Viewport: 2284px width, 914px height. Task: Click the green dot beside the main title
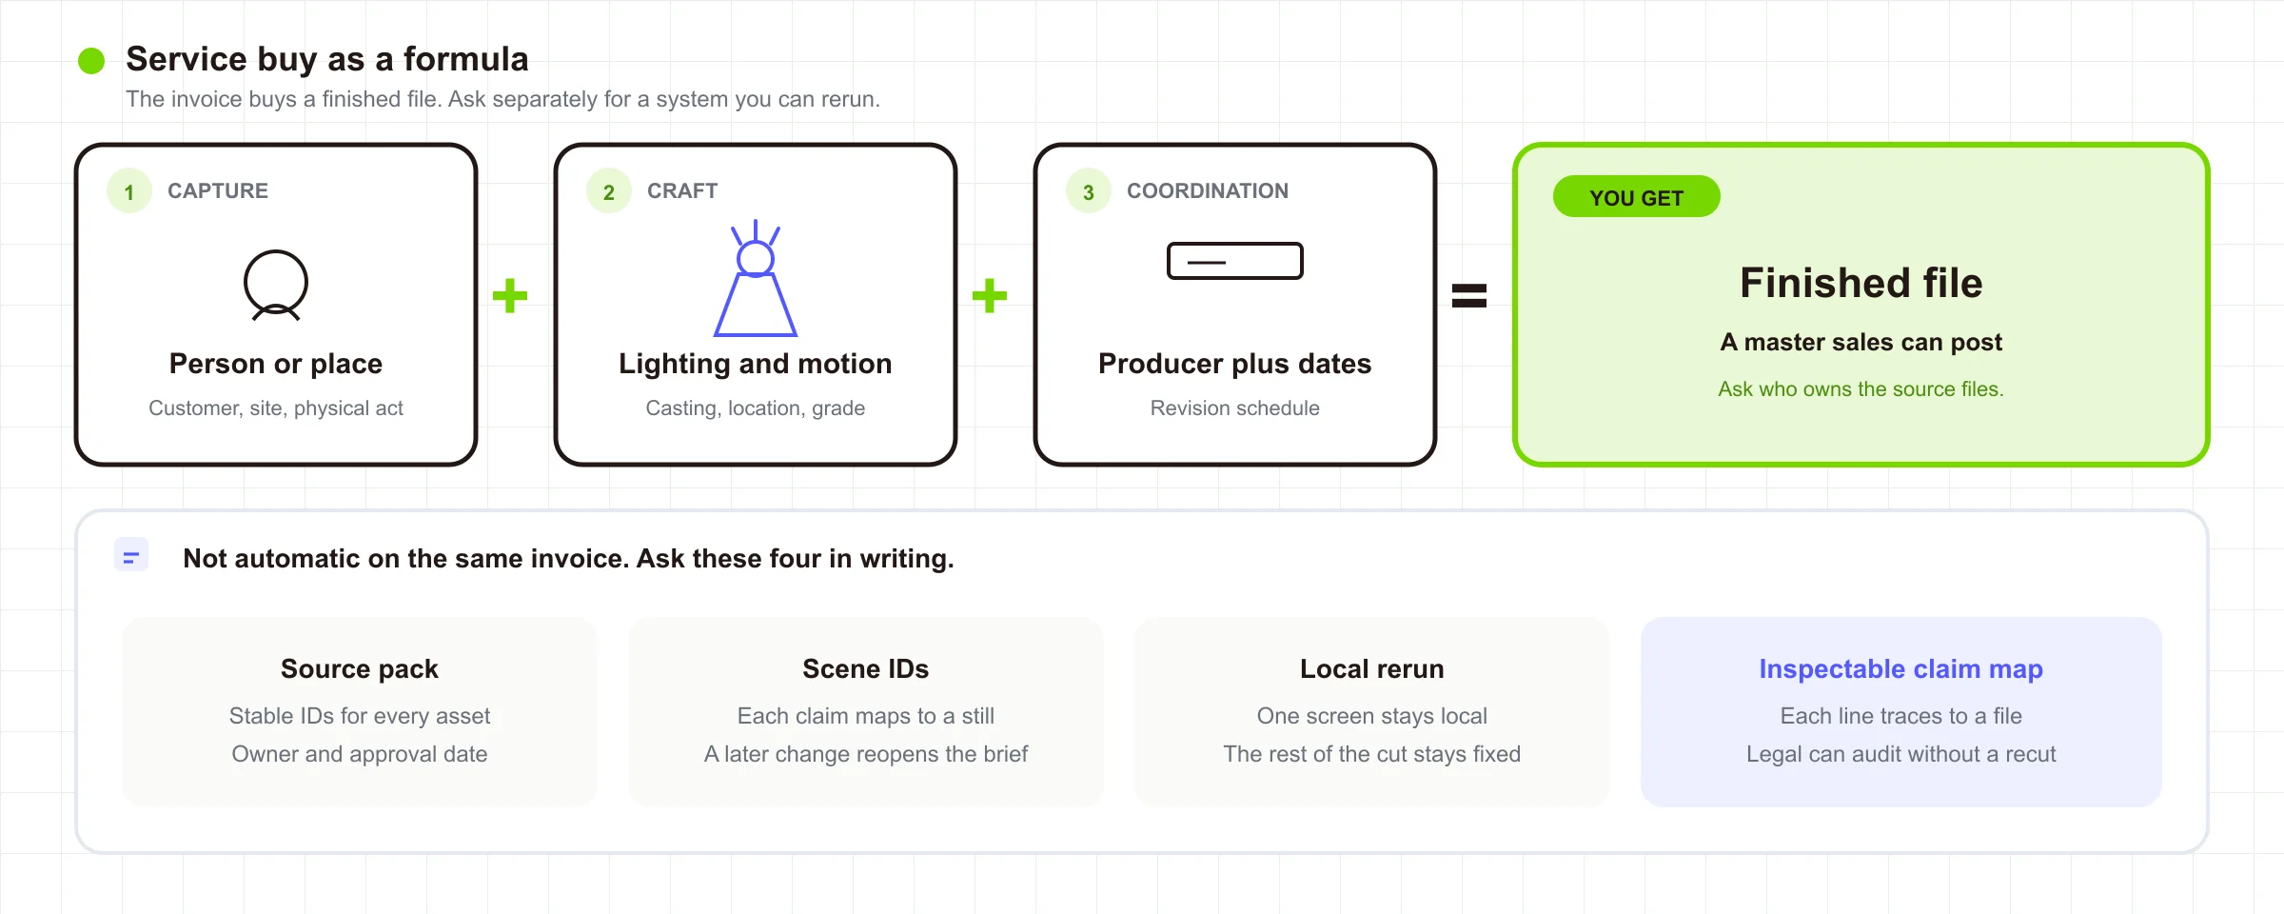click(91, 61)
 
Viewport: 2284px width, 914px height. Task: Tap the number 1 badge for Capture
click(129, 191)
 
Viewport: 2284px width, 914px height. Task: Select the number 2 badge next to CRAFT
click(609, 191)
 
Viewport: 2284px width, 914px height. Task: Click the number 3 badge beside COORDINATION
click(1089, 191)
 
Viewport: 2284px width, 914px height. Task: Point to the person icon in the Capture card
click(276, 285)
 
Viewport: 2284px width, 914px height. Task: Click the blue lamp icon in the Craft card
click(756, 278)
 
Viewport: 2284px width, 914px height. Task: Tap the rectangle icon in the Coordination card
click(1235, 261)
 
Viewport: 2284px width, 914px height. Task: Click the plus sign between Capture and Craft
click(510, 295)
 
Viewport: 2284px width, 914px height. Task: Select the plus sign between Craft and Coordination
click(990, 295)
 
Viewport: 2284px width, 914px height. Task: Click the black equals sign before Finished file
click(1469, 295)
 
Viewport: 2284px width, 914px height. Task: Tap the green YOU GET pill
click(1637, 197)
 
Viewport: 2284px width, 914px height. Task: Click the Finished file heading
click(1861, 283)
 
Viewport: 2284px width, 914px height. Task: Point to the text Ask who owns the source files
click(1861, 388)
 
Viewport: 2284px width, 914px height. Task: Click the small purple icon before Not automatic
click(131, 555)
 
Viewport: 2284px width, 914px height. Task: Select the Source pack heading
click(360, 669)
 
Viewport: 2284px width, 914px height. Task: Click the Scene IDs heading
click(866, 669)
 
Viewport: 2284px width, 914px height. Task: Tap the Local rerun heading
click(1372, 669)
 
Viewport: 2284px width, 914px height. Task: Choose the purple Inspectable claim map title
click(1901, 669)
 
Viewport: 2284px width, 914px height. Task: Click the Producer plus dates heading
click(1235, 364)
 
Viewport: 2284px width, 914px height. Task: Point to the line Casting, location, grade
click(756, 408)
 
